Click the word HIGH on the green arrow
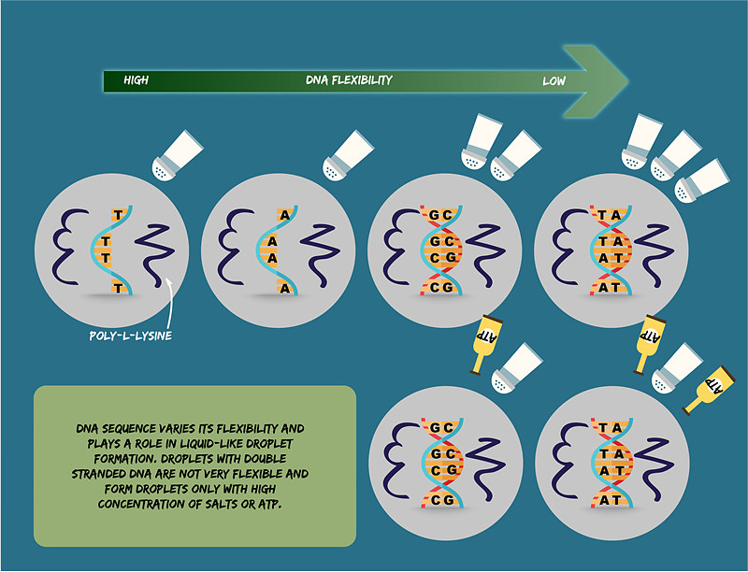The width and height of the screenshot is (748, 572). (137, 81)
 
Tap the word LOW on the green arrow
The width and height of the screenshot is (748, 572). (554, 81)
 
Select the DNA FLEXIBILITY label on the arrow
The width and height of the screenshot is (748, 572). (349, 81)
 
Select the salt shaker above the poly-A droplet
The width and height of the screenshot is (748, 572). (347, 154)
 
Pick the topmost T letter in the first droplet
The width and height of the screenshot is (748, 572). (117, 215)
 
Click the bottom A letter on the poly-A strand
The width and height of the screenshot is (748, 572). (285, 289)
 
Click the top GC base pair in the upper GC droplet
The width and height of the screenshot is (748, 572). (439, 215)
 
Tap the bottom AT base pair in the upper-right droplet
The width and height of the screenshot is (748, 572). (609, 289)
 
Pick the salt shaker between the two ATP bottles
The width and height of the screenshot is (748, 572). (675, 368)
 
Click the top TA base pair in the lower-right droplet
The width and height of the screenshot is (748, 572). (609, 428)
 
